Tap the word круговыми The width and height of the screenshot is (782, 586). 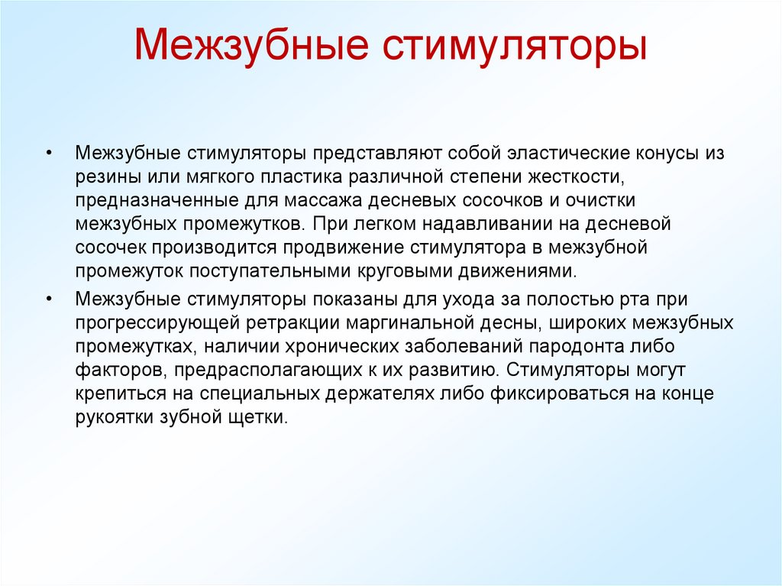[418, 271]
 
